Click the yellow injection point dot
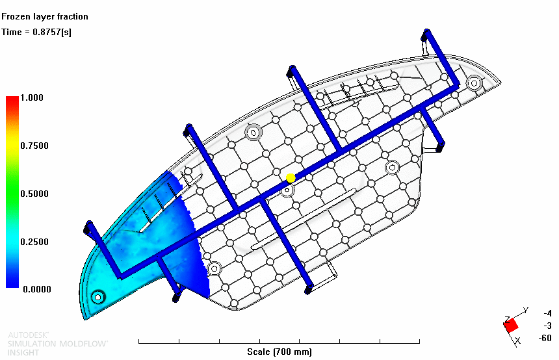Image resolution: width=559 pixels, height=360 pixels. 291,178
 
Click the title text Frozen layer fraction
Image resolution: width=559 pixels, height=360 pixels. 45,16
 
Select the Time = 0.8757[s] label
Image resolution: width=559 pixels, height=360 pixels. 36,32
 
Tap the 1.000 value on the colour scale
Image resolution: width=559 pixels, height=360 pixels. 32,97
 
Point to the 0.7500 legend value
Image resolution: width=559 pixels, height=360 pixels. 34,146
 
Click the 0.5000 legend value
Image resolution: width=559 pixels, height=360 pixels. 34,194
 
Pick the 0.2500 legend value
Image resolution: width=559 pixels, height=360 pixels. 34,242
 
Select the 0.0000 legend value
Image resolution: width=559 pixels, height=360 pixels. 36,289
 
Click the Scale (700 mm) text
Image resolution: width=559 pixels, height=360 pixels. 279,352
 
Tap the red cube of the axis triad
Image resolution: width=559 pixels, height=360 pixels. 511,325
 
